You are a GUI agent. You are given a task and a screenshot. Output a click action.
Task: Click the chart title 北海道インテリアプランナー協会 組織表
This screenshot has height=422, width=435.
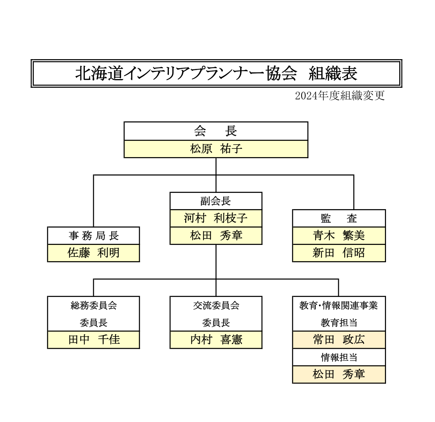pos(216,73)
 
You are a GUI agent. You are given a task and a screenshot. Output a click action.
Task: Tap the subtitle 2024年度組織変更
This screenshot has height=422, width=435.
pos(340,96)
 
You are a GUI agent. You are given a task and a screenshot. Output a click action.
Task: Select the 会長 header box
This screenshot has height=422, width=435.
pos(216,131)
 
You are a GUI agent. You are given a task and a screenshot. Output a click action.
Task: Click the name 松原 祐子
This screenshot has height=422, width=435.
pos(216,149)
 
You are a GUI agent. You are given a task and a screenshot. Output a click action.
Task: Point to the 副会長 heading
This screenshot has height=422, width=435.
pos(216,201)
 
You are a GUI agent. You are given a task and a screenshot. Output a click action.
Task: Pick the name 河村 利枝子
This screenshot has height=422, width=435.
pos(216,218)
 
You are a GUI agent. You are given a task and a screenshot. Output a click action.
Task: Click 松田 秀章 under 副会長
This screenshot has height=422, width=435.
pos(216,236)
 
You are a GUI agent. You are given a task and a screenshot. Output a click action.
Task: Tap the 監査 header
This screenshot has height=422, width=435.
pos(339,219)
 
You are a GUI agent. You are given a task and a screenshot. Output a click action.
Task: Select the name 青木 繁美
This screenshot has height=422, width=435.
pos(339,236)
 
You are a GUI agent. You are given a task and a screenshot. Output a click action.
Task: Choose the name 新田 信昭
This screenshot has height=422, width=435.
pos(339,253)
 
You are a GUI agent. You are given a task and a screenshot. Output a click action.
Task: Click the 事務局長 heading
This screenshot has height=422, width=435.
pos(93,236)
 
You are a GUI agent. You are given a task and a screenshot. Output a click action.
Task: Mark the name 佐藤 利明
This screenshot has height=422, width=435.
pos(93,253)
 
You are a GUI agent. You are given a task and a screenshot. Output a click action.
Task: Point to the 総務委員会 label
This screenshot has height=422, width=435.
pos(93,306)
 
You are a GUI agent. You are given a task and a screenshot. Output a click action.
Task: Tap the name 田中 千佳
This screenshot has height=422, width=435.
pos(93,340)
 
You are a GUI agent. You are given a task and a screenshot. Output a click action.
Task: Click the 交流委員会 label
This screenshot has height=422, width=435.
pos(216,306)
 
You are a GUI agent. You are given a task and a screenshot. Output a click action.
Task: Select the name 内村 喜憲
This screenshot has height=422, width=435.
pos(216,340)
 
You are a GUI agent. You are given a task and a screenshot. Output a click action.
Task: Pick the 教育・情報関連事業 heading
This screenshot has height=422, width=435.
pos(339,306)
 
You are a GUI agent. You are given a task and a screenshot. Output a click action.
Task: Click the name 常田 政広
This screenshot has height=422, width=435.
pos(339,340)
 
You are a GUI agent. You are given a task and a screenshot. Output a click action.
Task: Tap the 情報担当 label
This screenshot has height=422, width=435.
pos(339,357)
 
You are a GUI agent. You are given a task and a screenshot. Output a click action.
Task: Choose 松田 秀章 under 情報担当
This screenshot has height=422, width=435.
pos(339,375)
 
